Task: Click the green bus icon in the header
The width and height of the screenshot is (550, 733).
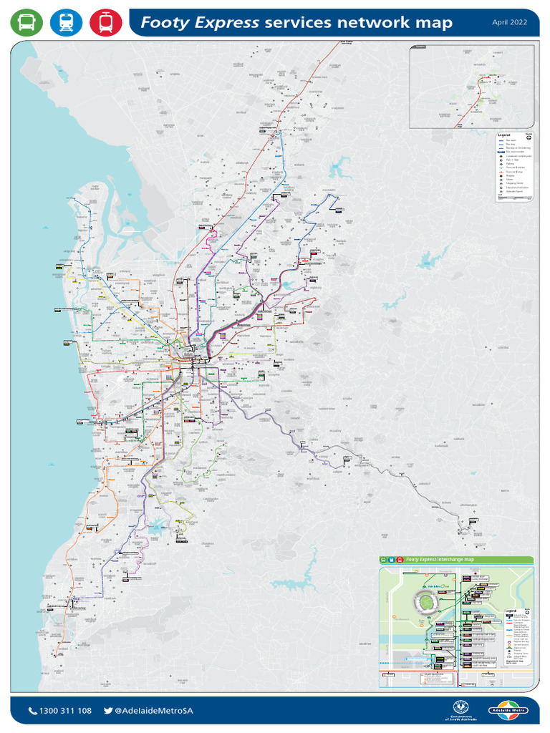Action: pyautogui.click(x=26, y=23)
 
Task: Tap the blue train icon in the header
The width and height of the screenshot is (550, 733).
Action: pyautogui.click(x=66, y=23)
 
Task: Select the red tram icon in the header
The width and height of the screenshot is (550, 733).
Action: pyautogui.click(x=105, y=23)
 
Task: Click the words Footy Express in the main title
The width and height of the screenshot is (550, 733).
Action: pyautogui.click(x=199, y=23)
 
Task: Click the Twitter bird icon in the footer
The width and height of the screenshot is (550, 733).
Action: pyautogui.click(x=108, y=711)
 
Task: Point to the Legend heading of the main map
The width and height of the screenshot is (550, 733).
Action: pyautogui.click(x=503, y=135)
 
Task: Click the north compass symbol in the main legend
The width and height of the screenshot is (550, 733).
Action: pyautogui.click(x=529, y=137)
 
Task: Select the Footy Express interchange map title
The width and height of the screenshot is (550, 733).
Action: pyautogui.click(x=438, y=560)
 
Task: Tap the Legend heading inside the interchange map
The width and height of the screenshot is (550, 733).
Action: pyautogui.click(x=510, y=611)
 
